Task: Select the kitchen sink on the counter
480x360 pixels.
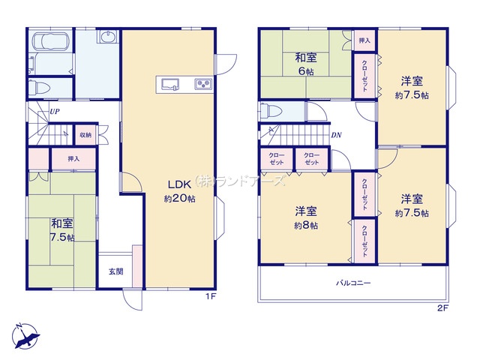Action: pyautogui.click(x=170, y=84)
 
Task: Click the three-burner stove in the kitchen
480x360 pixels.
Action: pyautogui.click(x=203, y=84)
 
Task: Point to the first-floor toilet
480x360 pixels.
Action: pyautogui.click(x=39, y=88)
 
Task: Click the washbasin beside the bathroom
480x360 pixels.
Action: pyautogui.click(x=107, y=37)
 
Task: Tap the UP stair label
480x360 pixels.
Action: pyautogui.click(x=55, y=112)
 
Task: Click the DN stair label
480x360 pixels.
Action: pyautogui.click(x=336, y=135)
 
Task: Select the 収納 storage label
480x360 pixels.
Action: pyautogui.click(x=85, y=135)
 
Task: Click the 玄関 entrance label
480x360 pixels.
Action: pyautogui.click(x=115, y=271)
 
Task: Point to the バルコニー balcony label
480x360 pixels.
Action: pyautogui.click(x=353, y=283)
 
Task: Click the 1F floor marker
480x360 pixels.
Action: pyautogui.click(x=211, y=296)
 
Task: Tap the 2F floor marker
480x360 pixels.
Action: pyautogui.click(x=442, y=308)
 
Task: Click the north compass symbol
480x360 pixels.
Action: pyautogui.click(x=25, y=336)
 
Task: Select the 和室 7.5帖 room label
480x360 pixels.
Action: pyautogui.click(x=62, y=230)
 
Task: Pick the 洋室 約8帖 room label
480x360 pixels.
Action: pyautogui.click(x=306, y=218)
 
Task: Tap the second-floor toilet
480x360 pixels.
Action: pyautogui.click(x=270, y=111)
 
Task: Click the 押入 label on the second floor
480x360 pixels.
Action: pyautogui.click(x=364, y=40)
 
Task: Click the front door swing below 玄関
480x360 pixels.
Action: pyautogui.click(x=132, y=299)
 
